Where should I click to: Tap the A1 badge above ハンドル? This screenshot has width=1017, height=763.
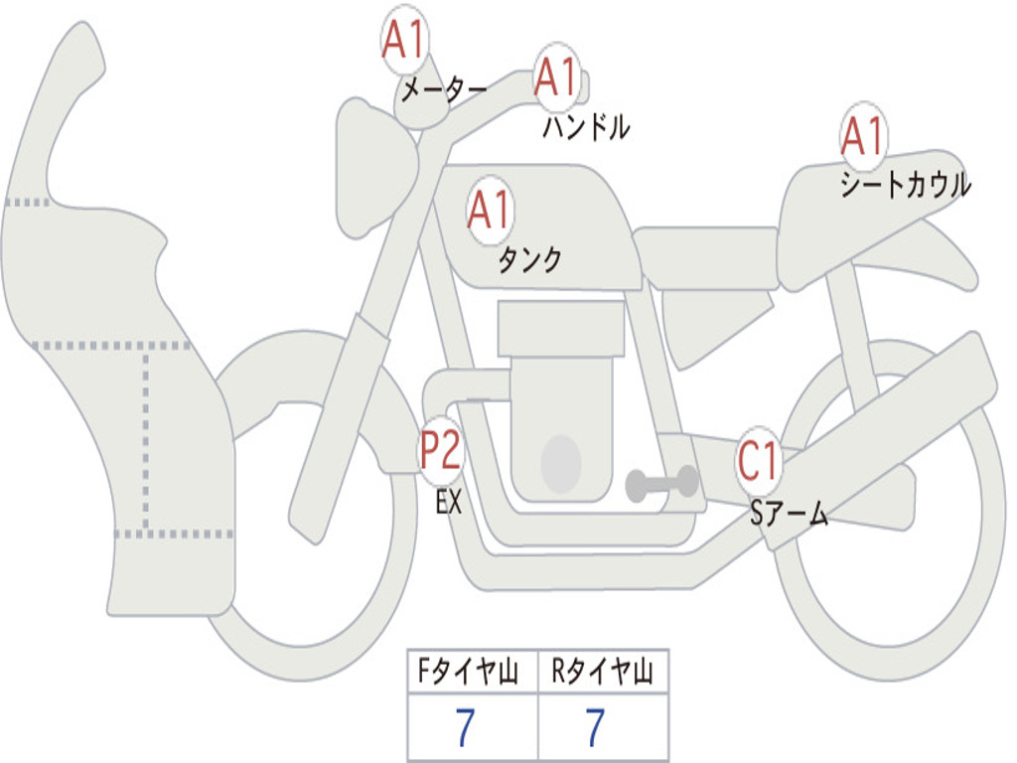coord(556,77)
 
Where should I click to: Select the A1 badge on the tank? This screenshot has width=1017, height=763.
coord(490,211)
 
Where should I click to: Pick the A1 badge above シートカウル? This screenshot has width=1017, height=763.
coord(863,137)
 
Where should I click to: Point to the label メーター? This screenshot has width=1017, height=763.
coord(443,92)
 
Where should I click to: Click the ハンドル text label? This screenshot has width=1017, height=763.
coord(586,127)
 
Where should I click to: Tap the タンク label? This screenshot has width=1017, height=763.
coord(529,260)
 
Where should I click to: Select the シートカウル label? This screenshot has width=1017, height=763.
coord(905,186)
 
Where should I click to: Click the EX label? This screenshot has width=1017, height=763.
coord(449,503)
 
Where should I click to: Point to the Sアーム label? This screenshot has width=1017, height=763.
coord(789,514)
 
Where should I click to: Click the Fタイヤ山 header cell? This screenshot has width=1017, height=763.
coord(472,675)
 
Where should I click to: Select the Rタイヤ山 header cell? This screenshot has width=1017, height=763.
coord(602,675)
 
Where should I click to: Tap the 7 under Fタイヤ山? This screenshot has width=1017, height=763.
coord(465,728)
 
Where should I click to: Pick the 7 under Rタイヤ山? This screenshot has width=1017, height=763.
coord(595,728)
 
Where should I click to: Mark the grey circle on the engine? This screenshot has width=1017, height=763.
coord(561,464)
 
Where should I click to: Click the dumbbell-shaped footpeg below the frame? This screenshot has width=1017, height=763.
coord(661,484)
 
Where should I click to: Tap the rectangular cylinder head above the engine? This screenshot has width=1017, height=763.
coord(561,329)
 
